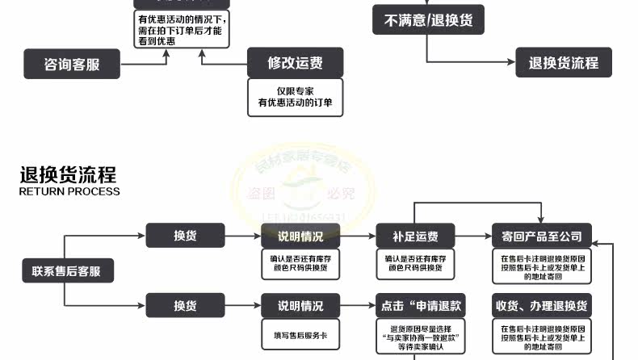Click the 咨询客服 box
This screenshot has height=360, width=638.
[x=72, y=63]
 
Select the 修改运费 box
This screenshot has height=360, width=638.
[x=295, y=62]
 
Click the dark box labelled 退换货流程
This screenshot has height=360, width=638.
[x=563, y=62]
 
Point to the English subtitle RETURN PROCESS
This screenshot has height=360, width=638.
[x=69, y=192]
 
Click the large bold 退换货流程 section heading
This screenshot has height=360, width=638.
[x=69, y=175]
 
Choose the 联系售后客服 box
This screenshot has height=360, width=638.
[x=67, y=271]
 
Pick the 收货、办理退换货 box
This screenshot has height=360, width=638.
[x=541, y=306]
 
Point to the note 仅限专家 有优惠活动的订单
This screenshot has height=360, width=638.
[x=295, y=97]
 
